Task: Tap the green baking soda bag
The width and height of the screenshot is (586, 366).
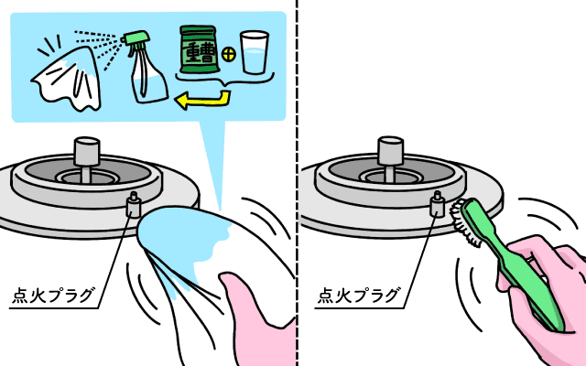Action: pyautogui.click(x=198, y=49)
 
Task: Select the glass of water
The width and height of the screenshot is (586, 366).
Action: pyautogui.click(x=255, y=52)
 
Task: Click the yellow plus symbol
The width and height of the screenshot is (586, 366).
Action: pyautogui.click(x=228, y=55)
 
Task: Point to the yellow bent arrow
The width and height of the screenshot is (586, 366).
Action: pyautogui.click(x=210, y=100)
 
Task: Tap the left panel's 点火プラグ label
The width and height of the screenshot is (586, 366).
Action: pyautogui.click(x=53, y=295)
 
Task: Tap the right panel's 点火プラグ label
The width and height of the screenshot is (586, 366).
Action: pyautogui.click(x=358, y=295)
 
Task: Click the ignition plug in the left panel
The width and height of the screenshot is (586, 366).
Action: pyautogui.click(x=134, y=204)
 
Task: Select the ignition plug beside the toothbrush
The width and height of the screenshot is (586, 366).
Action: pyautogui.click(x=438, y=204)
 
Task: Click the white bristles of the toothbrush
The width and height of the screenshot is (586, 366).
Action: pyautogui.click(x=463, y=224)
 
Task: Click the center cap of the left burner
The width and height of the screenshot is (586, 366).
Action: pyautogui.click(x=87, y=151)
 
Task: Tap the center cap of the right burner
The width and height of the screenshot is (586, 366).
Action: pyautogui.click(x=391, y=151)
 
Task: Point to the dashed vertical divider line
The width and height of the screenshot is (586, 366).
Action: pyautogui.click(x=298, y=183)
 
